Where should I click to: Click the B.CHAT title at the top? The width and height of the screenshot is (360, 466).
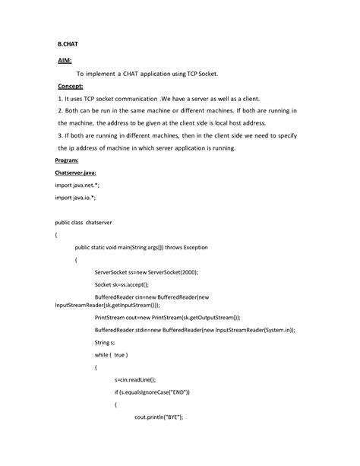click(69, 45)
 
